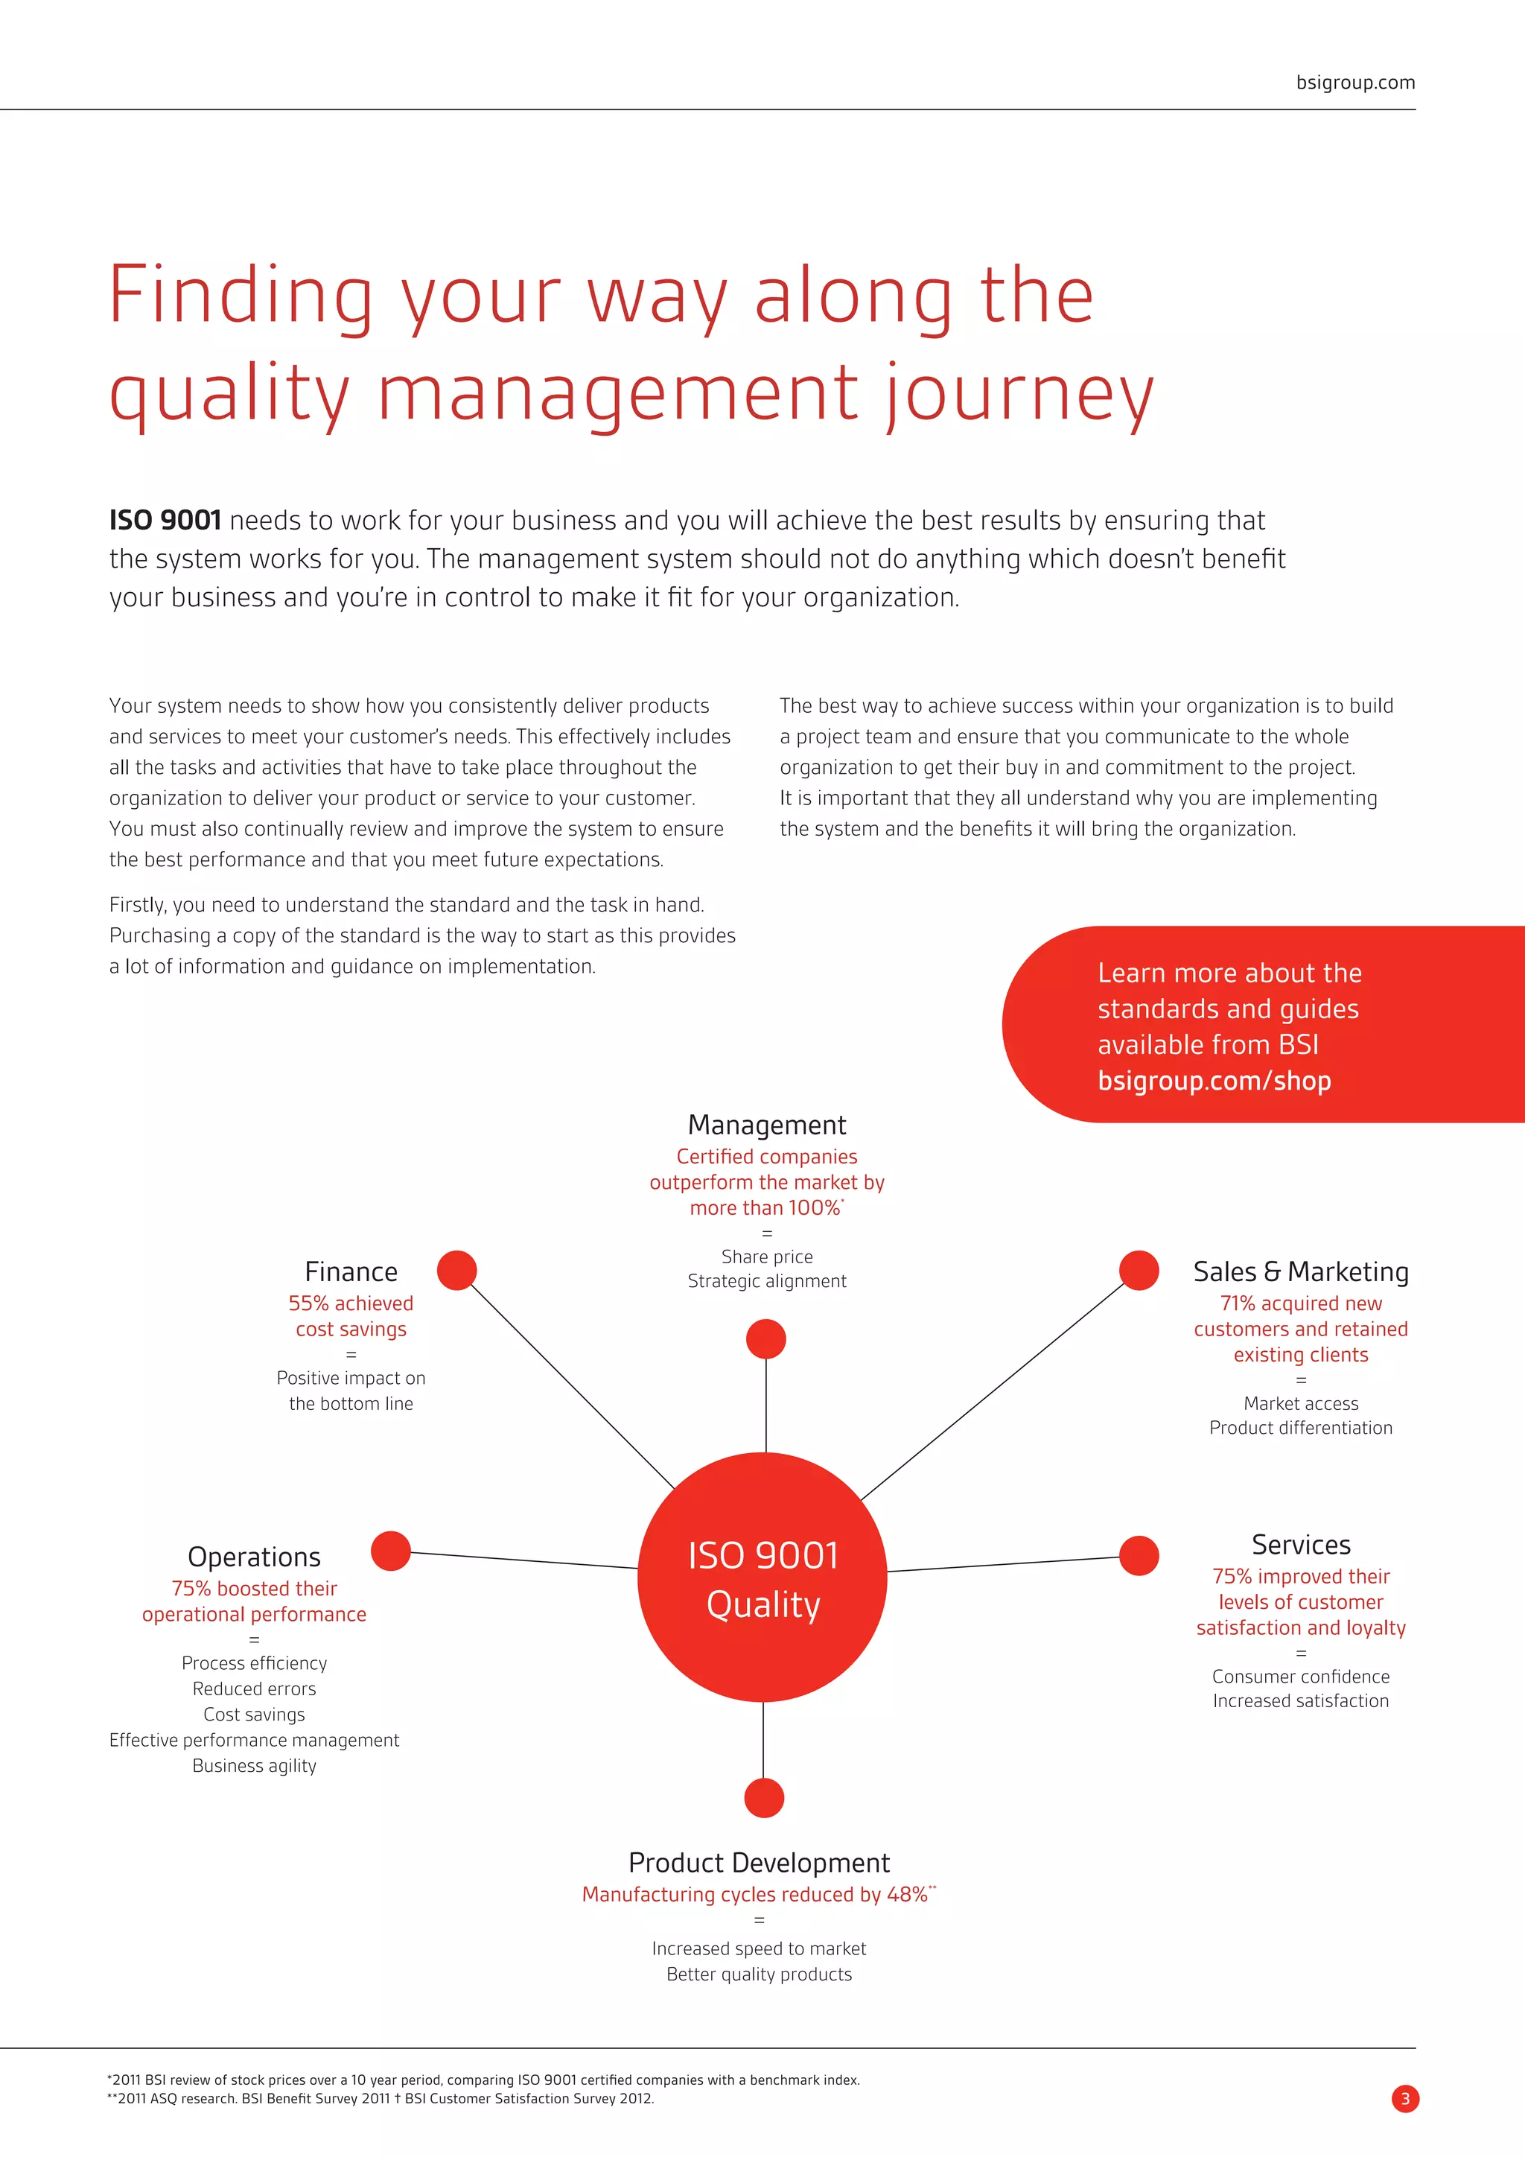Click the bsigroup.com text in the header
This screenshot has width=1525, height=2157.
1355,83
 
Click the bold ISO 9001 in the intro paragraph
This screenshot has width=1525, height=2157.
165,521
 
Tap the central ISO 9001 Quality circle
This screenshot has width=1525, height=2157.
762,1578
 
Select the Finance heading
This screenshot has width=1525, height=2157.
351,1272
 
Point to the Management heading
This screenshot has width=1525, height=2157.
766,1125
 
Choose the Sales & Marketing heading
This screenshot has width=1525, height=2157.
1301,1272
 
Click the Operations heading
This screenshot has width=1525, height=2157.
255,1557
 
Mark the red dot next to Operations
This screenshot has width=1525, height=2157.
391,1551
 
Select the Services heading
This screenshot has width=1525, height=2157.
1301,1545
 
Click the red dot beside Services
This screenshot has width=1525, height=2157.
1139,1556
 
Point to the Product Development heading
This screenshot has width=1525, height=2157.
759,1862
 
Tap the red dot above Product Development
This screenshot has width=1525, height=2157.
765,1798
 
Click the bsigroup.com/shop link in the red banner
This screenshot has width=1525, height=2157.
1214,1081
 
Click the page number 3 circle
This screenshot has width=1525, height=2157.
1405,2099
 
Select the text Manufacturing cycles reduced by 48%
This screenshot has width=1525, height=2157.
755,1894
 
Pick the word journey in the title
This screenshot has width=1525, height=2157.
1020,393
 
